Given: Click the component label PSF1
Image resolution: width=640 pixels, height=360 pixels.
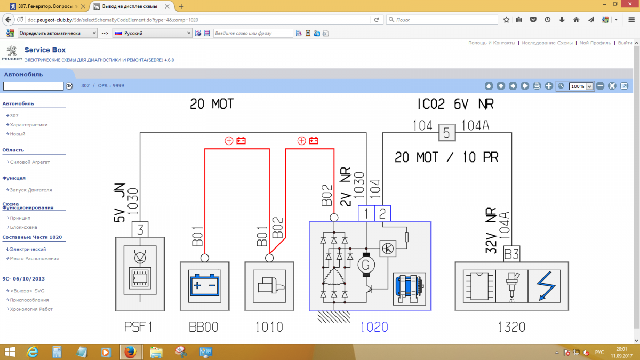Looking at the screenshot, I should click(139, 326).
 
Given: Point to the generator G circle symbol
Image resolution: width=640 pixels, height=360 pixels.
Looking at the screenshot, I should click(366, 264).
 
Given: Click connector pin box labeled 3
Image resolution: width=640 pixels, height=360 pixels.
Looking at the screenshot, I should click(140, 230).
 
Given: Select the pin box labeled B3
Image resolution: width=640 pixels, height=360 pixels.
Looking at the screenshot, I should click(511, 254).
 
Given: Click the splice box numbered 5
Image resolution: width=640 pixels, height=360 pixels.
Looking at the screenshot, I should click(446, 133).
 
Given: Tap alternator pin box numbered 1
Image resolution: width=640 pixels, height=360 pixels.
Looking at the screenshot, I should click(366, 213).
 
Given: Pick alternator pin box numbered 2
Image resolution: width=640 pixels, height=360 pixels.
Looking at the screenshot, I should click(382, 213).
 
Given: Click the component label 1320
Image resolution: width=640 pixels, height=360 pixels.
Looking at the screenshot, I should click(511, 326).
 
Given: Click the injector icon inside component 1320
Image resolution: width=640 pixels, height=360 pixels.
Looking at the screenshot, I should click(511, 286).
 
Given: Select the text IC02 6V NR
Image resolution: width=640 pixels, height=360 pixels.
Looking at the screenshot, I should click(455, 104).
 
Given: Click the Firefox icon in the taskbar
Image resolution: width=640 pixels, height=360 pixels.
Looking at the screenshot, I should click(130, 352).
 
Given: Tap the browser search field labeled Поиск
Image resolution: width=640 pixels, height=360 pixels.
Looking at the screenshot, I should click(443, 20).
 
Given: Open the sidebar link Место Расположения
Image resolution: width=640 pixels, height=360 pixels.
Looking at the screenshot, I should click(34, 258).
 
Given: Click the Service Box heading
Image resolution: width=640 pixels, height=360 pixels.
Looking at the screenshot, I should click(45, 50).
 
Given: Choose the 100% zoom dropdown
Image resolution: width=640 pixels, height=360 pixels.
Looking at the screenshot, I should click(581, 86).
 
